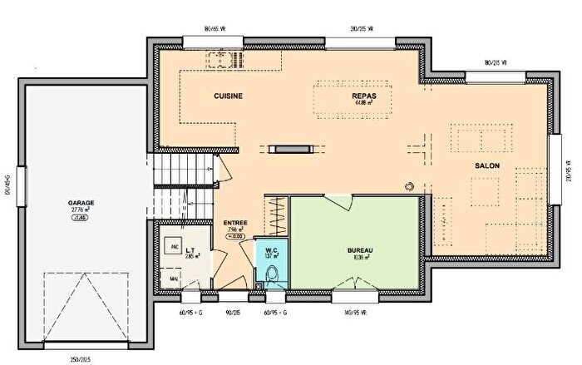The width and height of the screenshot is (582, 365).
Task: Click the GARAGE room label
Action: click(81, 202)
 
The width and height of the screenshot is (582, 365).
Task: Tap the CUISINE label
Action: click(228, 96)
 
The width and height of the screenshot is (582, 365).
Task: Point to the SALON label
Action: click(486, 166)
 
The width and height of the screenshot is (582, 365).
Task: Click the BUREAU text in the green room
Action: click(360, 250)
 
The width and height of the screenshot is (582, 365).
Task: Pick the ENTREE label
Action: click(235, 223)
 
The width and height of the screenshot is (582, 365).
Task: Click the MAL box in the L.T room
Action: click(175, 279)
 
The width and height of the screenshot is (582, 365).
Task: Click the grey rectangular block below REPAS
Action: click(293, 149)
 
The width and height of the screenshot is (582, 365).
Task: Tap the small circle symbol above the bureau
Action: click(409, 185)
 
